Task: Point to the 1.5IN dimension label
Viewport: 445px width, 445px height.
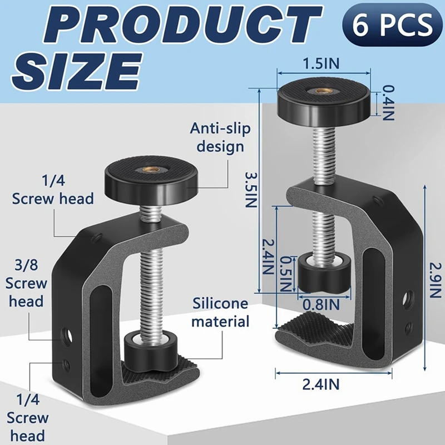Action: click(x=322, y=63)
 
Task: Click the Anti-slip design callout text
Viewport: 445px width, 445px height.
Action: click(x=220, y=137)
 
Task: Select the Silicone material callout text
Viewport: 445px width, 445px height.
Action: click(x=221, y=312)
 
